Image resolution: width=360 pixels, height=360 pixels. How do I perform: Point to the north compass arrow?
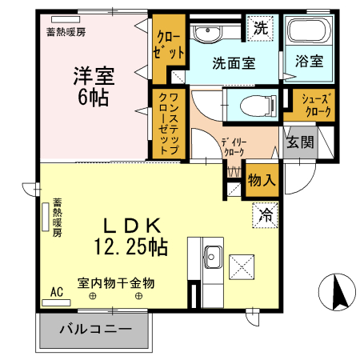pyautogui.click(x=336, y=292)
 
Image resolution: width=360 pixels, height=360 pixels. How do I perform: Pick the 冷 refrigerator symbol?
pyautogui.click(x=266, y=214)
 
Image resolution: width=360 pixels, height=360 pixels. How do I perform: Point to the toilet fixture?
pyautogui.click(x=251, y=103)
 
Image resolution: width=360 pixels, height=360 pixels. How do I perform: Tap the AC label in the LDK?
pyautogui.click(x=57, y=293)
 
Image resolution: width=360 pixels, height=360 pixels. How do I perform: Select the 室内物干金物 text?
pyautogui.click(x=115, y=283)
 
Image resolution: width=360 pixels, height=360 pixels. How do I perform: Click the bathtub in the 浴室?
pyautogui.click(x=308, y=33)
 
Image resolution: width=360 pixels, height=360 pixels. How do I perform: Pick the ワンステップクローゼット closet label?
pyautogui.click(x=169, y=121)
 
